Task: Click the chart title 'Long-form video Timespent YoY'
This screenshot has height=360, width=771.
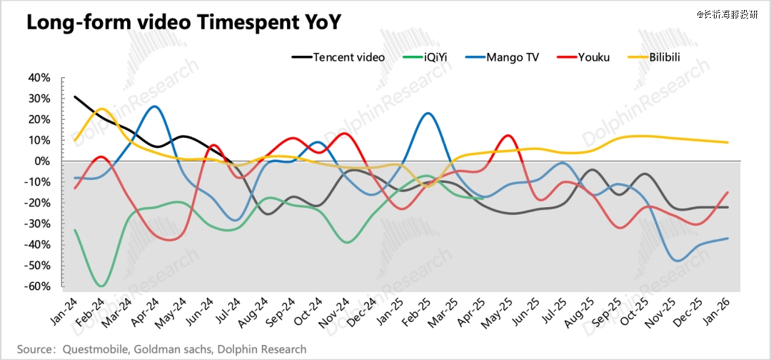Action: [x=183, y=23]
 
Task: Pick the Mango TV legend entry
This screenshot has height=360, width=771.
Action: [x=513, y=57]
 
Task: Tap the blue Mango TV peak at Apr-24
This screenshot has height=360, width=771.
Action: [x=155, y=106]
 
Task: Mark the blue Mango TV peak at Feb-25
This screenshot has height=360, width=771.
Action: [x=427, y=113]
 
